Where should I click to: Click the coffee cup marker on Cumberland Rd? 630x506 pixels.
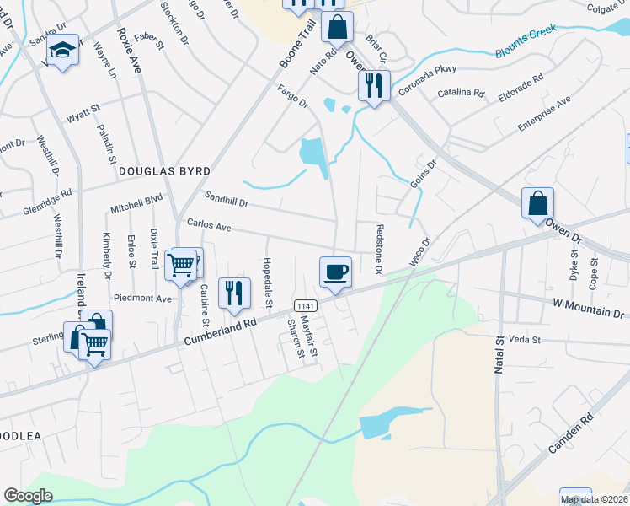point(335,272)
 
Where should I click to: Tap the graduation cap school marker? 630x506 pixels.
point(62,50)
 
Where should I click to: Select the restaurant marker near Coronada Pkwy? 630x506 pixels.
point(374,85)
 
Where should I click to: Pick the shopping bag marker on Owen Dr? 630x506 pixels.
point(537,203)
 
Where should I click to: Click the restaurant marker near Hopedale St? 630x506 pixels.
point(234,293)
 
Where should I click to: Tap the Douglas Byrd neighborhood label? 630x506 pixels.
point(163,170)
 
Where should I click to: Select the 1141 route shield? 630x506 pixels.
point(304,304)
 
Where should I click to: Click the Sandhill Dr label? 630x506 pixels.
point(227,199)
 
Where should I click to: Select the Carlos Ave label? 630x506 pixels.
point(208,226)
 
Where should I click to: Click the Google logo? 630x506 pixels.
point(28,495)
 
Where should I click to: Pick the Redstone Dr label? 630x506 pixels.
point(379,249)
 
